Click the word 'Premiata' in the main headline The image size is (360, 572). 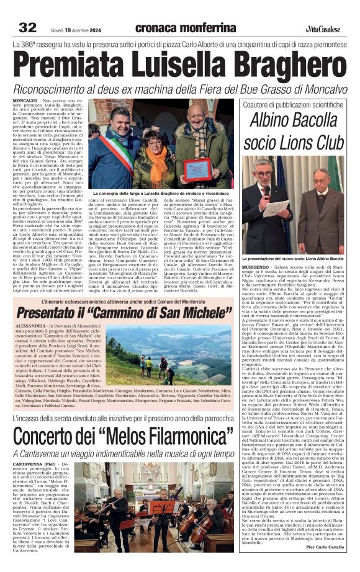tap(68, 64)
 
